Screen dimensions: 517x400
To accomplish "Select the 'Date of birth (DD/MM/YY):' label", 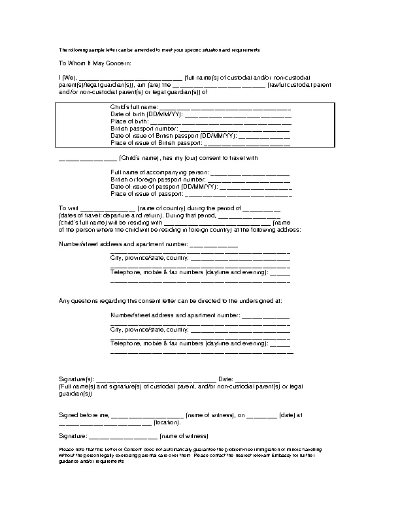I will tap(146, 114).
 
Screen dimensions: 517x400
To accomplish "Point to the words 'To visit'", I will tap(69, 209).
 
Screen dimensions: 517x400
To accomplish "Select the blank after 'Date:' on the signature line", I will tap(257, 379).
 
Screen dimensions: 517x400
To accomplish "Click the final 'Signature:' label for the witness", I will tap(73, 436).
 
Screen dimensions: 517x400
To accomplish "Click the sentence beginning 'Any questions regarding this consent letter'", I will tap(170, 301).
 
